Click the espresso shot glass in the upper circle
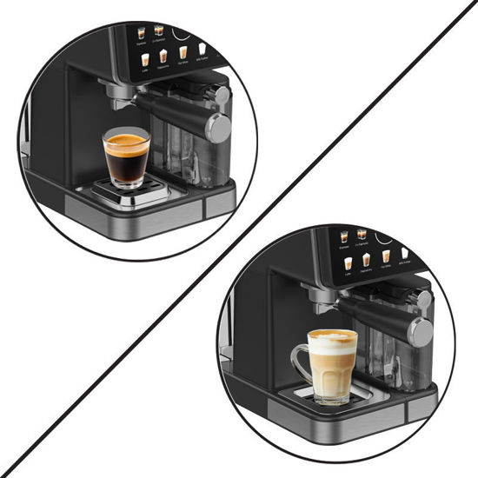coord(126,156)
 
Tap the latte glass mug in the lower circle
coord(332,365)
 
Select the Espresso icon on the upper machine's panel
coord(141,31)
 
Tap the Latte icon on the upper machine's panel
coord(144,60)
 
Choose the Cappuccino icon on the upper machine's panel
coord(163,56)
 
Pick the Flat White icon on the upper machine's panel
coord(183,52)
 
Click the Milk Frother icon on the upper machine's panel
coord(202,50)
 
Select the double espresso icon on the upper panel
coord(159,30)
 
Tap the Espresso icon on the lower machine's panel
coord(344,236)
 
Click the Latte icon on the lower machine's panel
coord(348,263)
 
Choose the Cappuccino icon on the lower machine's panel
coord(366,260)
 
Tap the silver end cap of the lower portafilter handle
coord(421,331)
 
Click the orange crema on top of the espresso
coord(126,139)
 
